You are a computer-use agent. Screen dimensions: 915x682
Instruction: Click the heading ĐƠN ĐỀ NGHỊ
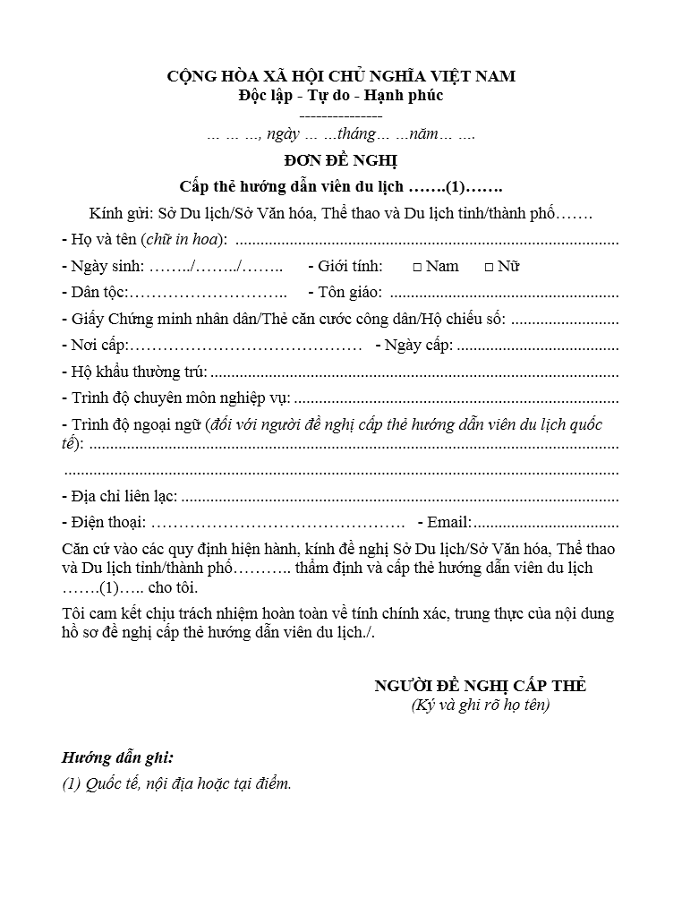(340, 161)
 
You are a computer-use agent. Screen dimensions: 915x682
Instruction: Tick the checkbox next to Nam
(417, 267)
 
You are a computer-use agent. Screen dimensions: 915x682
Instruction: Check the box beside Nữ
(489, 267)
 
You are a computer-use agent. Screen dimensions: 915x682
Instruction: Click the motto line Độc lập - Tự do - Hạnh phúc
(340, 95)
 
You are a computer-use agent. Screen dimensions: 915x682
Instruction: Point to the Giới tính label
(350, 266)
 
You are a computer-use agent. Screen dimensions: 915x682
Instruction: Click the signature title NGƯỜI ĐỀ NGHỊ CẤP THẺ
(480, 686)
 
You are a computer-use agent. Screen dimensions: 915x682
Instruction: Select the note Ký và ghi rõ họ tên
(480, 705)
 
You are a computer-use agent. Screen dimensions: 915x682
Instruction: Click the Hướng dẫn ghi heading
(117, 757)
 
